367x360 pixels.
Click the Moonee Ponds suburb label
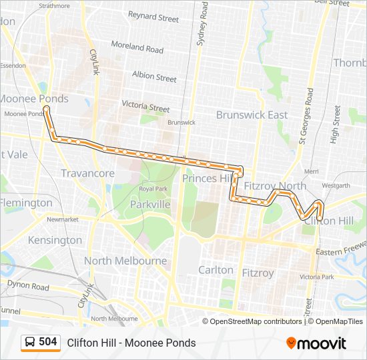coord(33,99)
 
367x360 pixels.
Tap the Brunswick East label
coord(252,115)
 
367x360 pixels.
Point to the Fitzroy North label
coord(275,186)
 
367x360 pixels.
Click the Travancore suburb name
coord(88,173)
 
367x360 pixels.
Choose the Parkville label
coord(150,204)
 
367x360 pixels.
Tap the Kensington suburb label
coord(55,240)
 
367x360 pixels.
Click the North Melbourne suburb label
coord(125,261)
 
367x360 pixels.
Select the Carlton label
coord(216,270)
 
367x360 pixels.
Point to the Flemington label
coord(25,203)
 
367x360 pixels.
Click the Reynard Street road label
coord(153,16)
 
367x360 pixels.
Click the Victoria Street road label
coord(145,106)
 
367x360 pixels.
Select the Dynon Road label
coord(28,286)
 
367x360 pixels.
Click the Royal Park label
coord(152,189)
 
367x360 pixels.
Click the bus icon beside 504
coord(30,343)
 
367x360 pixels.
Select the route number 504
coord(47,342)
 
